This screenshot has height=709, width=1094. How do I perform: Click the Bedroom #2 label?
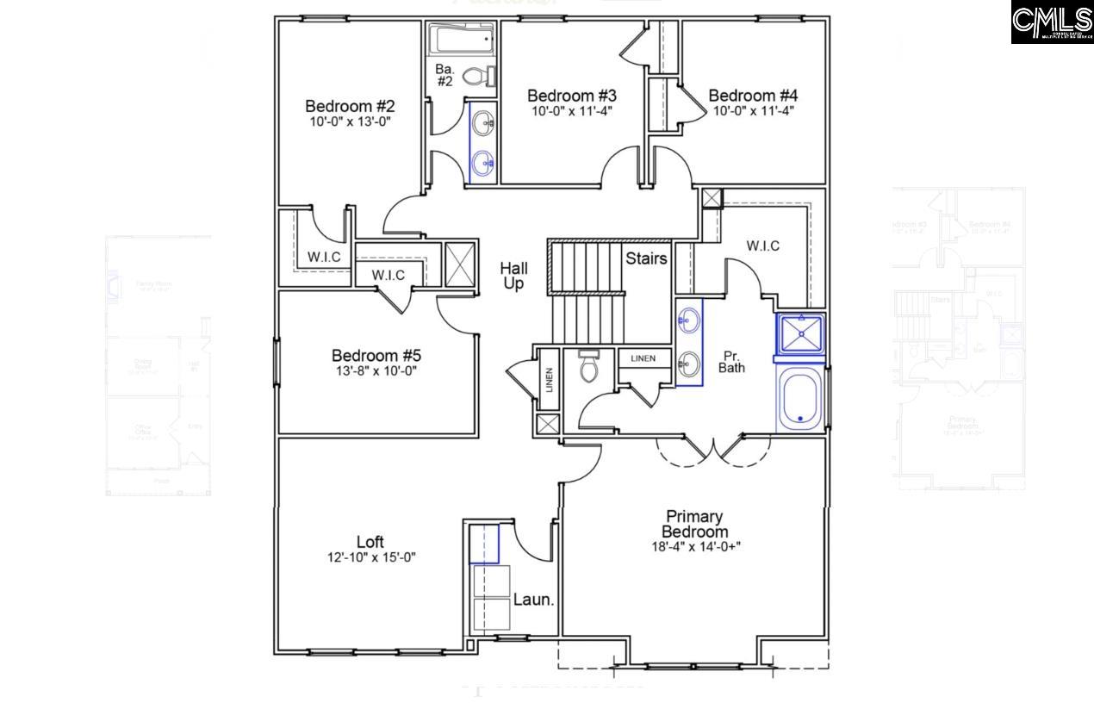350,106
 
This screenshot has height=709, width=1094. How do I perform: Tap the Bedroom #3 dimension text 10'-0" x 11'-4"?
571,110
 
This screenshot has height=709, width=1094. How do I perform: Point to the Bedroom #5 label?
376,355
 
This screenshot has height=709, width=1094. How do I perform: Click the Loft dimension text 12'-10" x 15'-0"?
370,557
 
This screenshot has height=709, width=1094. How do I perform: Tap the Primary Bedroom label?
694,524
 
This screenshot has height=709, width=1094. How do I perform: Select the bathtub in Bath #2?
463,39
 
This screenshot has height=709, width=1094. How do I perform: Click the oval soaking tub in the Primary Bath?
801,400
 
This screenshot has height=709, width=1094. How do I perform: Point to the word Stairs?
646,258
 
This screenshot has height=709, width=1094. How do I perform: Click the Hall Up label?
513,277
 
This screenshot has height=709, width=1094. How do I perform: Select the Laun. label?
533,600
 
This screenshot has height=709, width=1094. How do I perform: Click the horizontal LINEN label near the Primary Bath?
643,358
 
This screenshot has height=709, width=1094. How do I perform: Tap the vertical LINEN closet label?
549,380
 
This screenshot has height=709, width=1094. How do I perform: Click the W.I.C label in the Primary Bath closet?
762,246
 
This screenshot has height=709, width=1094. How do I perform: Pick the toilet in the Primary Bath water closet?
589,367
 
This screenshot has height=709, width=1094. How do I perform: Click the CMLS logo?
1051,22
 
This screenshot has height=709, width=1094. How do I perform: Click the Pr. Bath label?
732,361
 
